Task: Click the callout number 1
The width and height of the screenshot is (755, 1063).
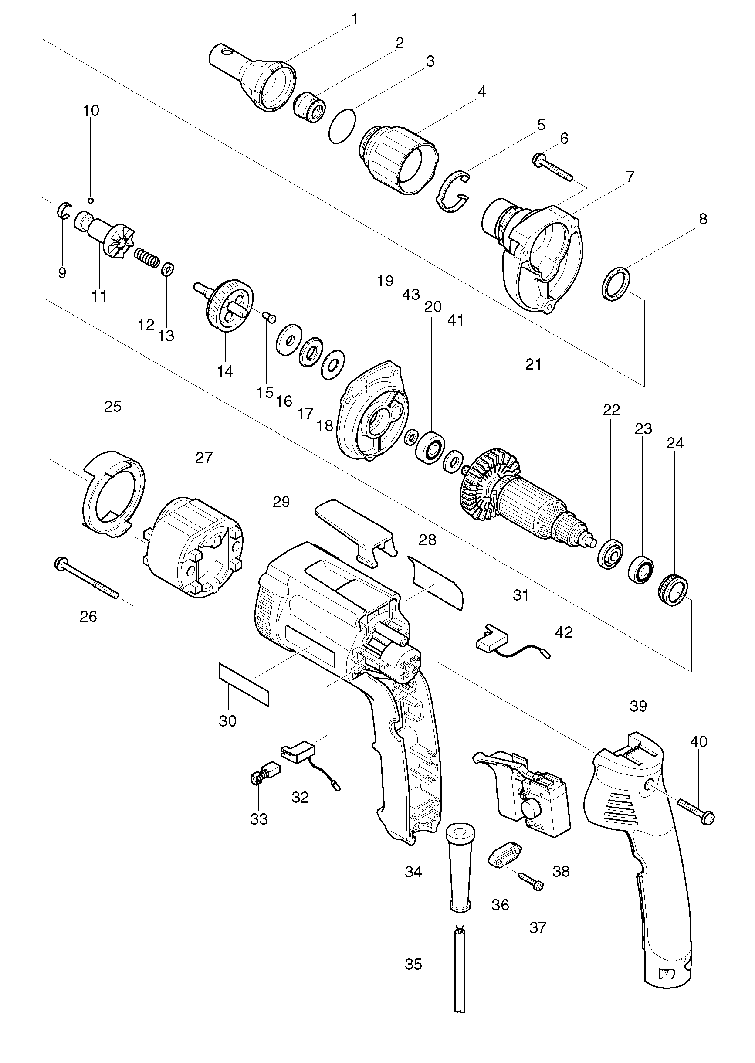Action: tap(355, 20)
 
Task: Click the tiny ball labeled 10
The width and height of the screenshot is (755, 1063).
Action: tap(91, 200)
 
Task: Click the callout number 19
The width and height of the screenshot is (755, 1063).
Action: tap(386, 281)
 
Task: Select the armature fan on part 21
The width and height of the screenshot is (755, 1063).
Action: tap(489, 480)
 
